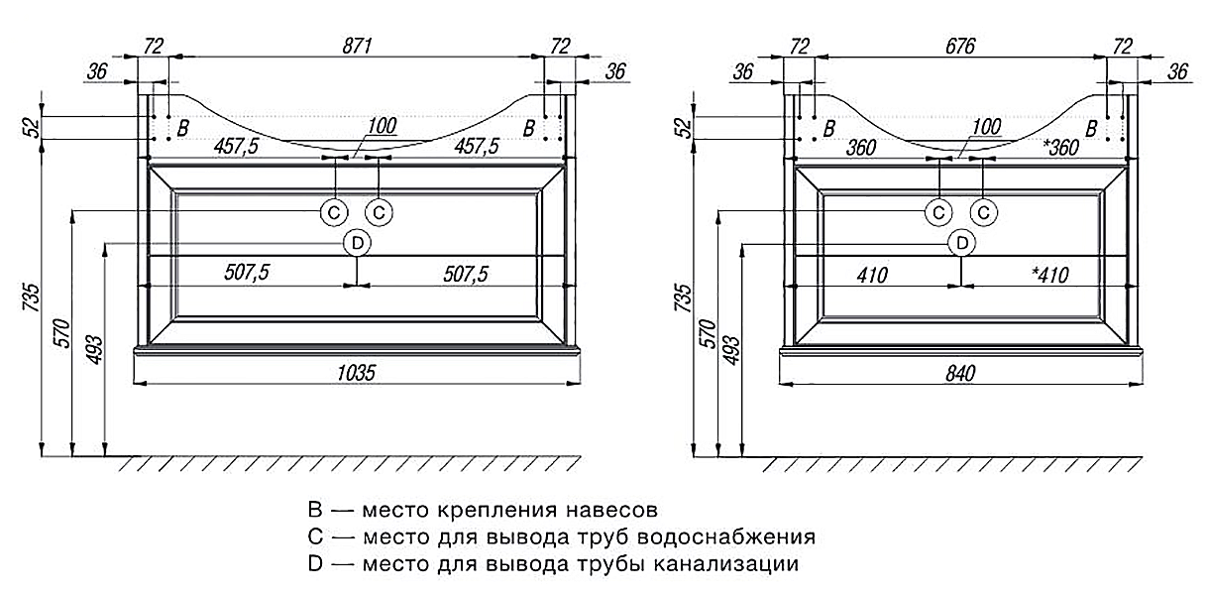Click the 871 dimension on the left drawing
click(x=358, y=46)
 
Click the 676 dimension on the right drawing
click(x=960, y=46)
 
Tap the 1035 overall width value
click(x=356, y=373)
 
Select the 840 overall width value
click(x=961, y=373)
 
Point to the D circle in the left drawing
click(x=358, y=243)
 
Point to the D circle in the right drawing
click(x=962, y=244)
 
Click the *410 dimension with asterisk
click(x=1050, y=275)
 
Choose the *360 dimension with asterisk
click(x=1061, y=147)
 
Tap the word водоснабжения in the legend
click(x=726, y=536)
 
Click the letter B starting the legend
click(x=315, y=510)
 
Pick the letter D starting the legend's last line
click(x=315, y=563)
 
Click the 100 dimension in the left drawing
click(x=383, y=126)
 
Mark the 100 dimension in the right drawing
click(x=987, y=127)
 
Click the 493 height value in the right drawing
click(x=730, y=350)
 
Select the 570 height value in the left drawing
click(x=62, y=333)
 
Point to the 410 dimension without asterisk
click(x=872, y=275)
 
